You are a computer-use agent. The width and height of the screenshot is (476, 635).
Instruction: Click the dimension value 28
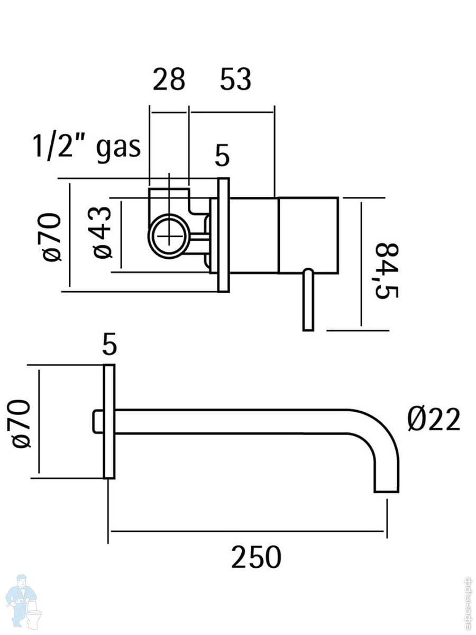[169, 80]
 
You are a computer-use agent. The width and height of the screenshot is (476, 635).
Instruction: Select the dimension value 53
[235, 80]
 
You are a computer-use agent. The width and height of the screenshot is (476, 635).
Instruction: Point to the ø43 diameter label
[103, 233]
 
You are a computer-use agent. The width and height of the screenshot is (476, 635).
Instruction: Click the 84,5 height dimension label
[387, 271]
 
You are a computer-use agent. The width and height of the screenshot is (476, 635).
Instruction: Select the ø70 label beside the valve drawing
[52, 237]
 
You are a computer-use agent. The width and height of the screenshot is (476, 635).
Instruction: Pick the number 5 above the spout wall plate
[109, 346]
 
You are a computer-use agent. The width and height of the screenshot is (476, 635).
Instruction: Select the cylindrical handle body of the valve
[308, 235]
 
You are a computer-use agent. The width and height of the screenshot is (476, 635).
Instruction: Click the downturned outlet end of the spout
[386, 476]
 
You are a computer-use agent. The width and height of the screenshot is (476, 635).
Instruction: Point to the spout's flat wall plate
[109, 422]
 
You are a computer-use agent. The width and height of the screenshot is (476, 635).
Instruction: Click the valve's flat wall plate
[223, 234]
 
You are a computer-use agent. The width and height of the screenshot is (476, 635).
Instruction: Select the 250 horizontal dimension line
[247, 531]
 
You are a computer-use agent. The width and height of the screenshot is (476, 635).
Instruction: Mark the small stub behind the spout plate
[97, 421]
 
